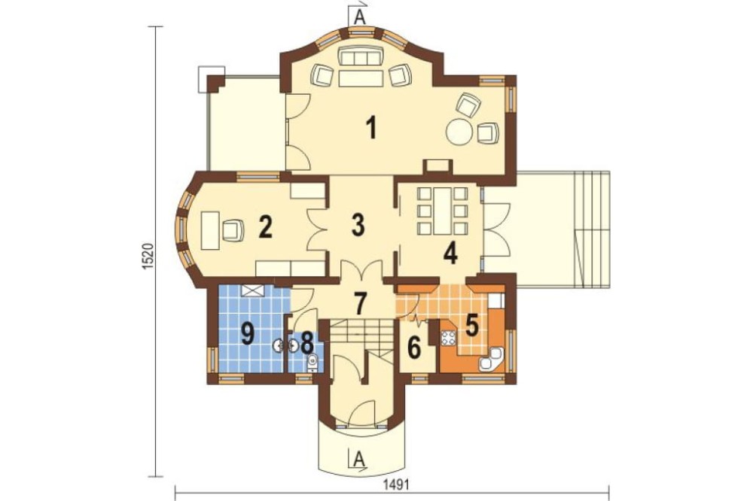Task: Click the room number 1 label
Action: pos(370,128)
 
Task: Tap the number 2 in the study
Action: pos(266,227)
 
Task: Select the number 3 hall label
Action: pos(358,225)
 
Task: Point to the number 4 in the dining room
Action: pos(450,254)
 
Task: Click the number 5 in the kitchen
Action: pos(471,326)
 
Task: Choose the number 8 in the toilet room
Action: pos(307,342)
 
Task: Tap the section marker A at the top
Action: pos(358,17)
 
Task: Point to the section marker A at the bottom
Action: pos(358,459)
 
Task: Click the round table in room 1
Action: pos(460,132)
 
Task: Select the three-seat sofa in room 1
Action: pos(360,58)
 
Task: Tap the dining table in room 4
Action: pos(442,211)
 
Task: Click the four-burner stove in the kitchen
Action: pos(448,338)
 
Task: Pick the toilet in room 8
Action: pos(312,362)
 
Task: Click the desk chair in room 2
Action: pos(233,229)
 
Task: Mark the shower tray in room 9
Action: pos(253,290)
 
